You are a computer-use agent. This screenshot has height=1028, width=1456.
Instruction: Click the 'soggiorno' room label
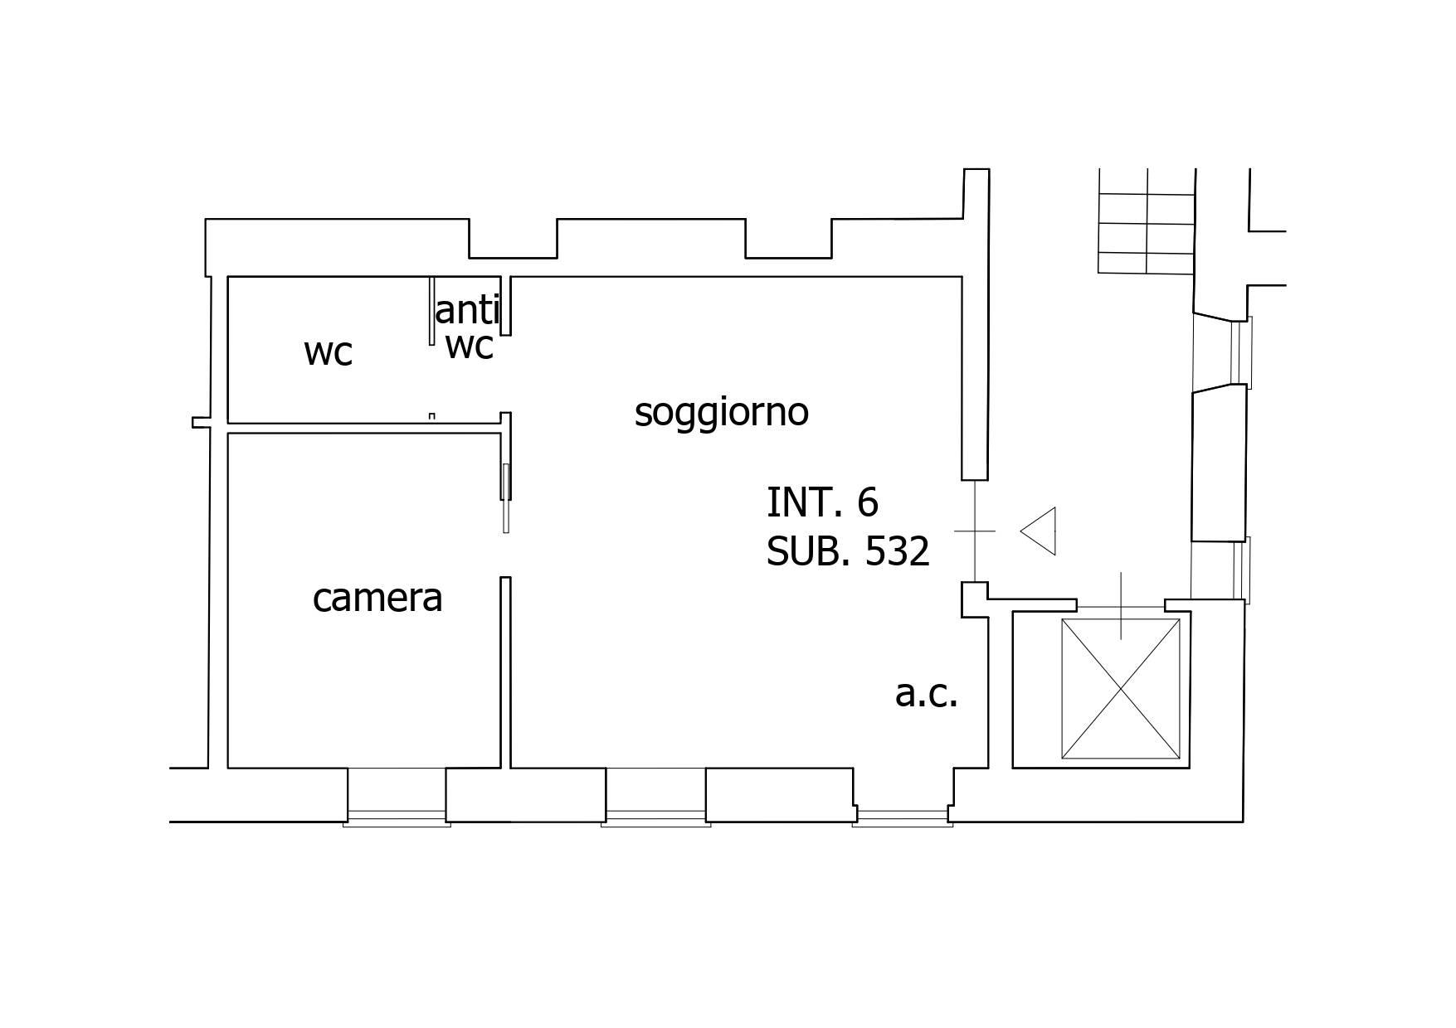pos(721,412)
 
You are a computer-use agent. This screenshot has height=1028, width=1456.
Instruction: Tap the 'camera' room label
pos(377,598)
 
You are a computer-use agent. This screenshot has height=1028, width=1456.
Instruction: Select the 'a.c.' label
pos(926,694)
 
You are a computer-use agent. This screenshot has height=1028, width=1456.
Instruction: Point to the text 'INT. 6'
pos(822,502)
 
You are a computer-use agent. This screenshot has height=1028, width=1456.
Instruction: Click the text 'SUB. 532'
pos(848,551)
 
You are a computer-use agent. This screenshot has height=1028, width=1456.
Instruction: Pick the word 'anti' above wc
pos(466,311)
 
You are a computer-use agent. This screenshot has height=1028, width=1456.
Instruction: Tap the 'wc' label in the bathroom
pos(329,352)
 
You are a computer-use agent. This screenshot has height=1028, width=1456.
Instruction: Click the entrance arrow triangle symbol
pos(1040,531)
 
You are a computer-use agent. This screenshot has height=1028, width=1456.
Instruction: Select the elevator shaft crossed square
pos(1121,688)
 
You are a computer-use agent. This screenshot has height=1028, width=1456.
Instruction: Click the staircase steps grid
pos(1146,222)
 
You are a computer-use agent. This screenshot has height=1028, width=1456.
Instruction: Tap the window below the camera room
pos(397,817)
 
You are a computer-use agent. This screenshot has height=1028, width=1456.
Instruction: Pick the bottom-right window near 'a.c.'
pos(903,817)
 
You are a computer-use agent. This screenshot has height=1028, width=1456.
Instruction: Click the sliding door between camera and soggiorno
pos(506,497)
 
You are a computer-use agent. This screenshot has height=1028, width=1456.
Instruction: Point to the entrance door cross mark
pos(975,531)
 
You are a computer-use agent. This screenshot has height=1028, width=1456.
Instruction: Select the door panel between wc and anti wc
pos(431,311)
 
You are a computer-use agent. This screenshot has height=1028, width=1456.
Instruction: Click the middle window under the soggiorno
pos(655,817)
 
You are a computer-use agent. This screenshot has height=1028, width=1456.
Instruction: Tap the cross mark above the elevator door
pos(1121,605)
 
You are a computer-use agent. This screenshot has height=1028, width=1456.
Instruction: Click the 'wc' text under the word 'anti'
pos(470,345)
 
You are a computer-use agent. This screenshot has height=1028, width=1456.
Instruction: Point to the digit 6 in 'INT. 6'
pos(868,502)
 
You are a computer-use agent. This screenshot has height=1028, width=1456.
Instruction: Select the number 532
pos(897,551)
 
